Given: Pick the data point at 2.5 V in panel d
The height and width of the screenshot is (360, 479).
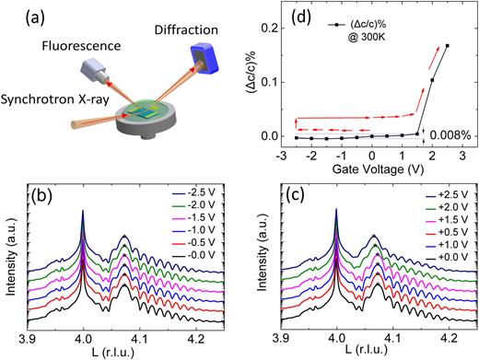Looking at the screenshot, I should pyautogui.click(x=447, y=45).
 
